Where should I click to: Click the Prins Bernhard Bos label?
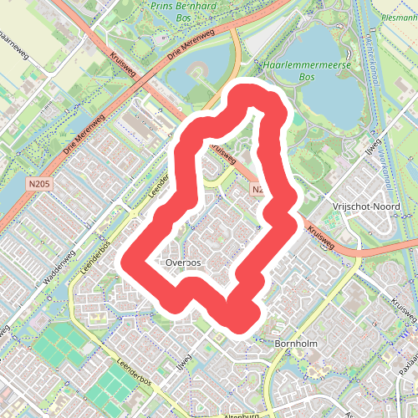click(x=185, y=10)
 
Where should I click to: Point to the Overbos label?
click(x=184, y=263)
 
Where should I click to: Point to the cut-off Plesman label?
click(x=398, y=16)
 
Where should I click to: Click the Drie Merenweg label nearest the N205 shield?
click(x=80, y=139)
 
